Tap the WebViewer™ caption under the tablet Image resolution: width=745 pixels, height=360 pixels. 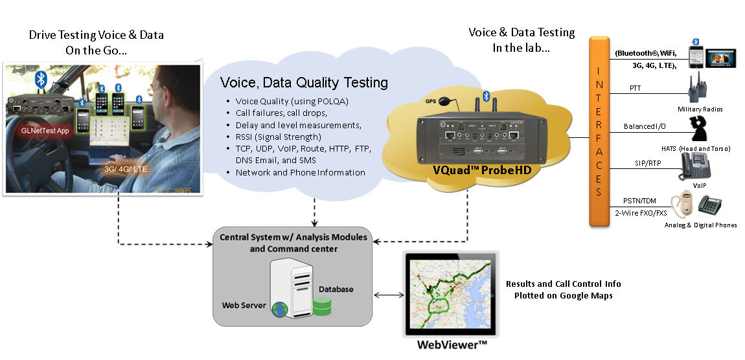452,345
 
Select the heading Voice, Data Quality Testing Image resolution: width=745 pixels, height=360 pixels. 304,82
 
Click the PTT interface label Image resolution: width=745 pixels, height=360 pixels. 636,88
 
